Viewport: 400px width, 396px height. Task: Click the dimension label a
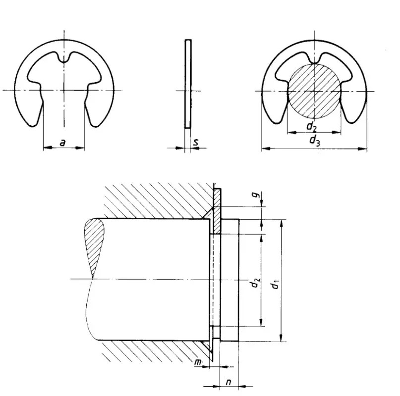pos(62,143)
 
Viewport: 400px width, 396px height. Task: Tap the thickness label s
pos(196,143)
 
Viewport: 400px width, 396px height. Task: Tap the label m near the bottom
pos(198,364)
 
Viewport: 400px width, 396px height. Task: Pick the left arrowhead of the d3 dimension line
pos(264,148)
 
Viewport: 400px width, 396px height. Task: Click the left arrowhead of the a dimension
pos(46,148)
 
